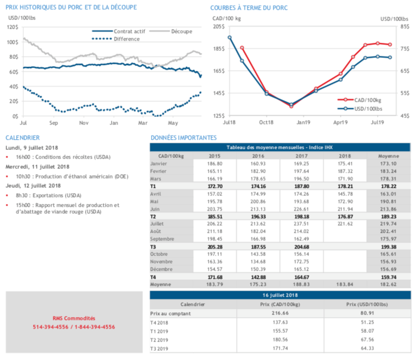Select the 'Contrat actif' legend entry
click(128, 31)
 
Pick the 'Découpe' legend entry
click(181, 31)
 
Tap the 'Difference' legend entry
click(127, 39)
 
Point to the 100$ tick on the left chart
click(12, 42)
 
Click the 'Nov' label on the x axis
click(83, 123)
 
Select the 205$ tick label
click(218, 27)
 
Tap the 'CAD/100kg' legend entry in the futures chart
click(368, 100)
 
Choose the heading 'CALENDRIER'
click(23, 138)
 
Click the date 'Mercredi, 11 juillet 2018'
click(37, 166)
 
